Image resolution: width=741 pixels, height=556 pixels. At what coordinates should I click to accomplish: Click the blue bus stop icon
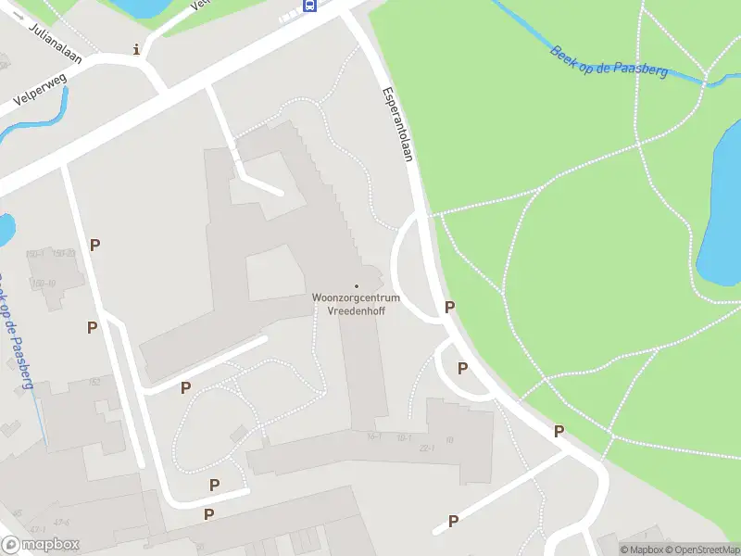tap(309, 6)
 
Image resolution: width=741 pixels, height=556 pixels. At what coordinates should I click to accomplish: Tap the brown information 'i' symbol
tap(137, 49)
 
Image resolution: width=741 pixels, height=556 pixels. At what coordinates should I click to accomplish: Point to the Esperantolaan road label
tap(396, 125)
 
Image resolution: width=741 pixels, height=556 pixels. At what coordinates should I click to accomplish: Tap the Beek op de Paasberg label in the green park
tap(609, 63)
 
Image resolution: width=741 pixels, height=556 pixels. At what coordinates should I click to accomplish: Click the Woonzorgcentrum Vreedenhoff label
tap(357, 304)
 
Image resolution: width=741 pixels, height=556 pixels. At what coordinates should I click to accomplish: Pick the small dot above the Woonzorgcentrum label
tap(357, 285)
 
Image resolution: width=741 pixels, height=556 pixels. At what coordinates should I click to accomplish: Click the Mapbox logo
tap(41, 545)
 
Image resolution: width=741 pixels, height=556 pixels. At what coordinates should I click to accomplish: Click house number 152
tap(94, 381)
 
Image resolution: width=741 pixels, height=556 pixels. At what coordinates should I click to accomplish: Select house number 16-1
tap(375, 436)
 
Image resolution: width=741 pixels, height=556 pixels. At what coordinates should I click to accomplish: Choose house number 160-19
tap(44, 284)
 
